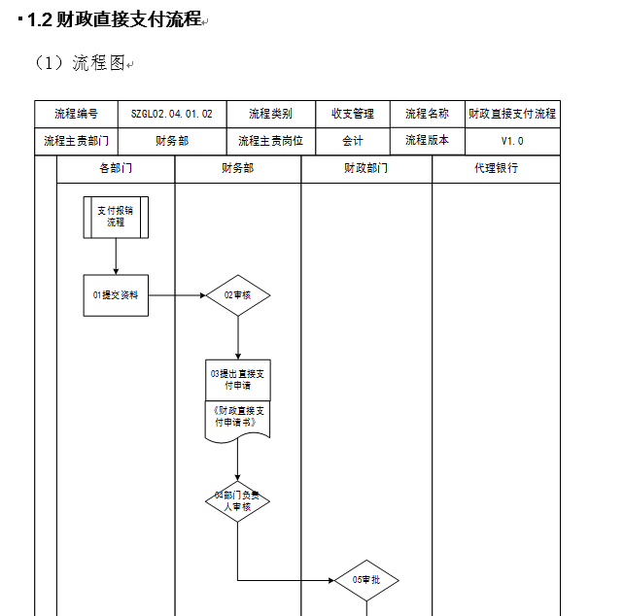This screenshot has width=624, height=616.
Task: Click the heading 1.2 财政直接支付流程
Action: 115,19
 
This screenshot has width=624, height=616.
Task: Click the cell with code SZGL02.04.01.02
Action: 172,115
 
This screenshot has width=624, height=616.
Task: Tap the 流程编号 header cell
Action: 76,115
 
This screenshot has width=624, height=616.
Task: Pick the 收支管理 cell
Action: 353,115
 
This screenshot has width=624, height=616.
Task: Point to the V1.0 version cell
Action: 512,141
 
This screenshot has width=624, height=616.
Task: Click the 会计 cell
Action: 353,141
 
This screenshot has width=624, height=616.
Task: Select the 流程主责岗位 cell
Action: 270,141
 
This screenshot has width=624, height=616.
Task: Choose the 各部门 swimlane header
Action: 116,169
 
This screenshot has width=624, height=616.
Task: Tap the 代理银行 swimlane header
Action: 497,169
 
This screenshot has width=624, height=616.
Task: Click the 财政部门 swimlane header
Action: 366,169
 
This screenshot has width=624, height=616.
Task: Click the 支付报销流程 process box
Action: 116,218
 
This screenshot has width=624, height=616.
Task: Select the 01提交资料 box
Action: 116,295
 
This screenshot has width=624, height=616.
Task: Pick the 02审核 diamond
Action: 238,295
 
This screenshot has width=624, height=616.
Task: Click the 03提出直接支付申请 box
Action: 238,380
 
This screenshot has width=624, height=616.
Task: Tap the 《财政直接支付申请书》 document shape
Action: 237,421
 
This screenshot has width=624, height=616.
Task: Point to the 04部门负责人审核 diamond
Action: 237,501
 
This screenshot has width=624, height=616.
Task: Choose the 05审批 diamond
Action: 366,580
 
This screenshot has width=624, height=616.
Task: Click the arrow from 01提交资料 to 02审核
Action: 177,295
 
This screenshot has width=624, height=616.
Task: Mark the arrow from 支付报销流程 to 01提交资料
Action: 116,257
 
